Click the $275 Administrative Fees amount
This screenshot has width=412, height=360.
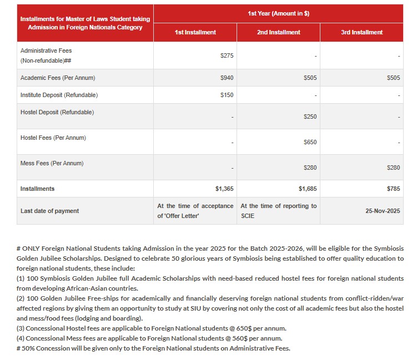click(227, 56)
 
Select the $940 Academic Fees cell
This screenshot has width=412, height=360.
click(227, 78)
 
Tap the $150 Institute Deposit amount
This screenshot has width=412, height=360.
click(227, 95)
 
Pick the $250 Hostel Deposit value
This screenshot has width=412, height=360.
click(310, 117)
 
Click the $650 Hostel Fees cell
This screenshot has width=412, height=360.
click(310, 143)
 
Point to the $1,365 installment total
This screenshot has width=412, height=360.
click(224, 189)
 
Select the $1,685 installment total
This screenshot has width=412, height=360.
click(308, 189)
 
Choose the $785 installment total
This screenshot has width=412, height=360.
click(393, 189)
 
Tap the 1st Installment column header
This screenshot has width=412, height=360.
click(195, 32)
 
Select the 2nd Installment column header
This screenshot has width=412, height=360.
click(279, 32)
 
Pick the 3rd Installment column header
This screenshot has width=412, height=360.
click(362, 32)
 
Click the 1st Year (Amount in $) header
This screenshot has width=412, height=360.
click(279, 13)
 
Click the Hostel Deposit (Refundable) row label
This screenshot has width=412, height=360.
click(57, 113)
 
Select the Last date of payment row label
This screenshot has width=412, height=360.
click(49, 211)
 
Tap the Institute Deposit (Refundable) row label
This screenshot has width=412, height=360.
click(59, 95)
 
